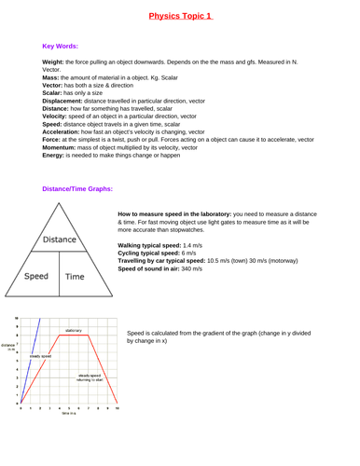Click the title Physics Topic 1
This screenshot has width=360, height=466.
pos(180,16)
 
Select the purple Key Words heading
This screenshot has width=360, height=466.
pos(61,46)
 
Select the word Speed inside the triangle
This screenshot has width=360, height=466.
pos(37,276)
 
